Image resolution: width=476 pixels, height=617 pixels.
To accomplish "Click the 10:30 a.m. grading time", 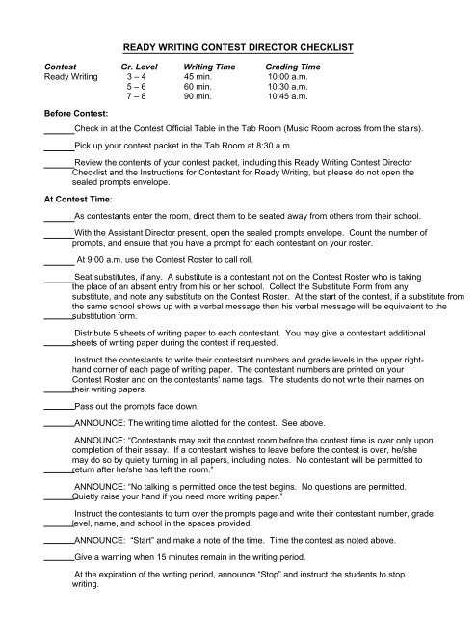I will tap(288, 88).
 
